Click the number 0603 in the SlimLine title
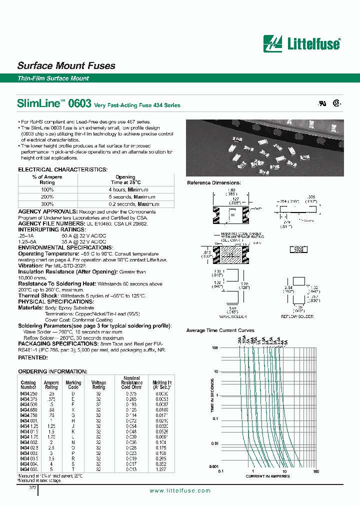[79, 104]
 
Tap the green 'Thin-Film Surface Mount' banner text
[53, 78]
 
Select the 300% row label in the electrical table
[47, 204]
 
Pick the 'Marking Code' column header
[73, 384]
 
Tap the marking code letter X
[73, 410]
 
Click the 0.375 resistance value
[131, 393]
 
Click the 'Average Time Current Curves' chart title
[220, 330]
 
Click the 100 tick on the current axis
[315, 471]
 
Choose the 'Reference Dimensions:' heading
[213, 183]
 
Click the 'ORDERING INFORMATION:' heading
[52, 372]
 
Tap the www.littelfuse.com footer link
[180, 491]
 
